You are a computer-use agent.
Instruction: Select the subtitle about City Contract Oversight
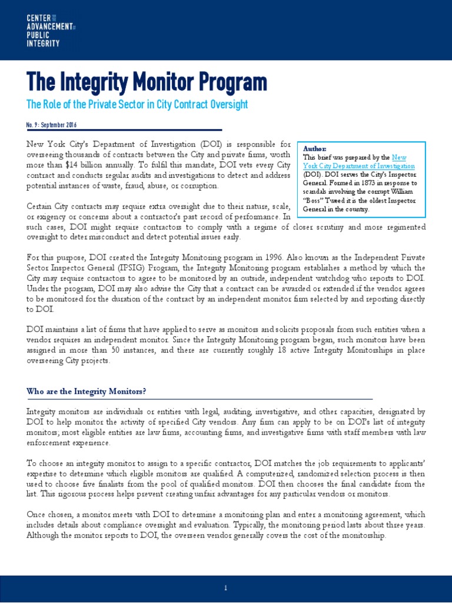pos(137,105)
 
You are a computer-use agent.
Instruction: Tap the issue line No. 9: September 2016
pos(52,125)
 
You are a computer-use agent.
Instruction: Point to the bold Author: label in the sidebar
pos(314,149)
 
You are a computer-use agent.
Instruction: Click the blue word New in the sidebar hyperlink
pos(399,157)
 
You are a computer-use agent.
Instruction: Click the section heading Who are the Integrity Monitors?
pos(87,392)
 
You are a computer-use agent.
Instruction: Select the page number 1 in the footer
pos(226,588)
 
